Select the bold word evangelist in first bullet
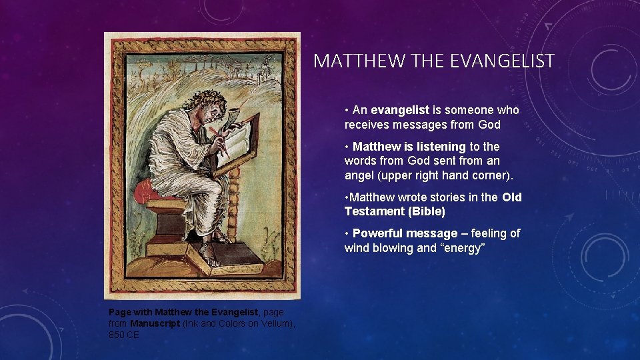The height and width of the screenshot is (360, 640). (x=399, y=110)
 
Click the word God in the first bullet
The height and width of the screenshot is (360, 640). (x=489, y=125)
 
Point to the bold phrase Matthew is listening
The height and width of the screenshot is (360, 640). (x=409, y=146)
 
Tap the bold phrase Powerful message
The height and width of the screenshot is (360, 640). (x=405, y=233)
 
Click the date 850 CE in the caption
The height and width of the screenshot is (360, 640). (x=124, y=335)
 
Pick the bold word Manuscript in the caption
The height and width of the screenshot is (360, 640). (x=155, y=323)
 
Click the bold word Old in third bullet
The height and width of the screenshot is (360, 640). (x=512, y=197)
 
